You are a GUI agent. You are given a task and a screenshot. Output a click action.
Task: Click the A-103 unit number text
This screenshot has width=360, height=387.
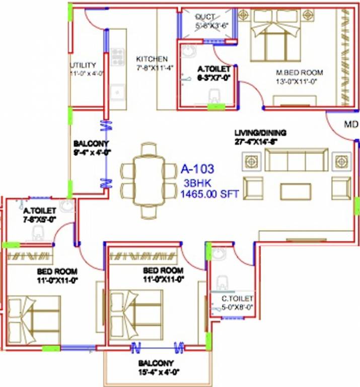pos(197,168)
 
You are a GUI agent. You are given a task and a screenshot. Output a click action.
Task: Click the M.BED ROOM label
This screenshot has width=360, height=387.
pos(299,72)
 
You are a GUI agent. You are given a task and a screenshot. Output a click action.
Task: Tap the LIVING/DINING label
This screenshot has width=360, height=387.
pos(260,133)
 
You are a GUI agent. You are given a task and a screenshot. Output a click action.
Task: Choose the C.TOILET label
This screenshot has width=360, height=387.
pos(237,298)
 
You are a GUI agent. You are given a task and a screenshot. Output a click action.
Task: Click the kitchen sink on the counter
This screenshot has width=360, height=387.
pos(118,92)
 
